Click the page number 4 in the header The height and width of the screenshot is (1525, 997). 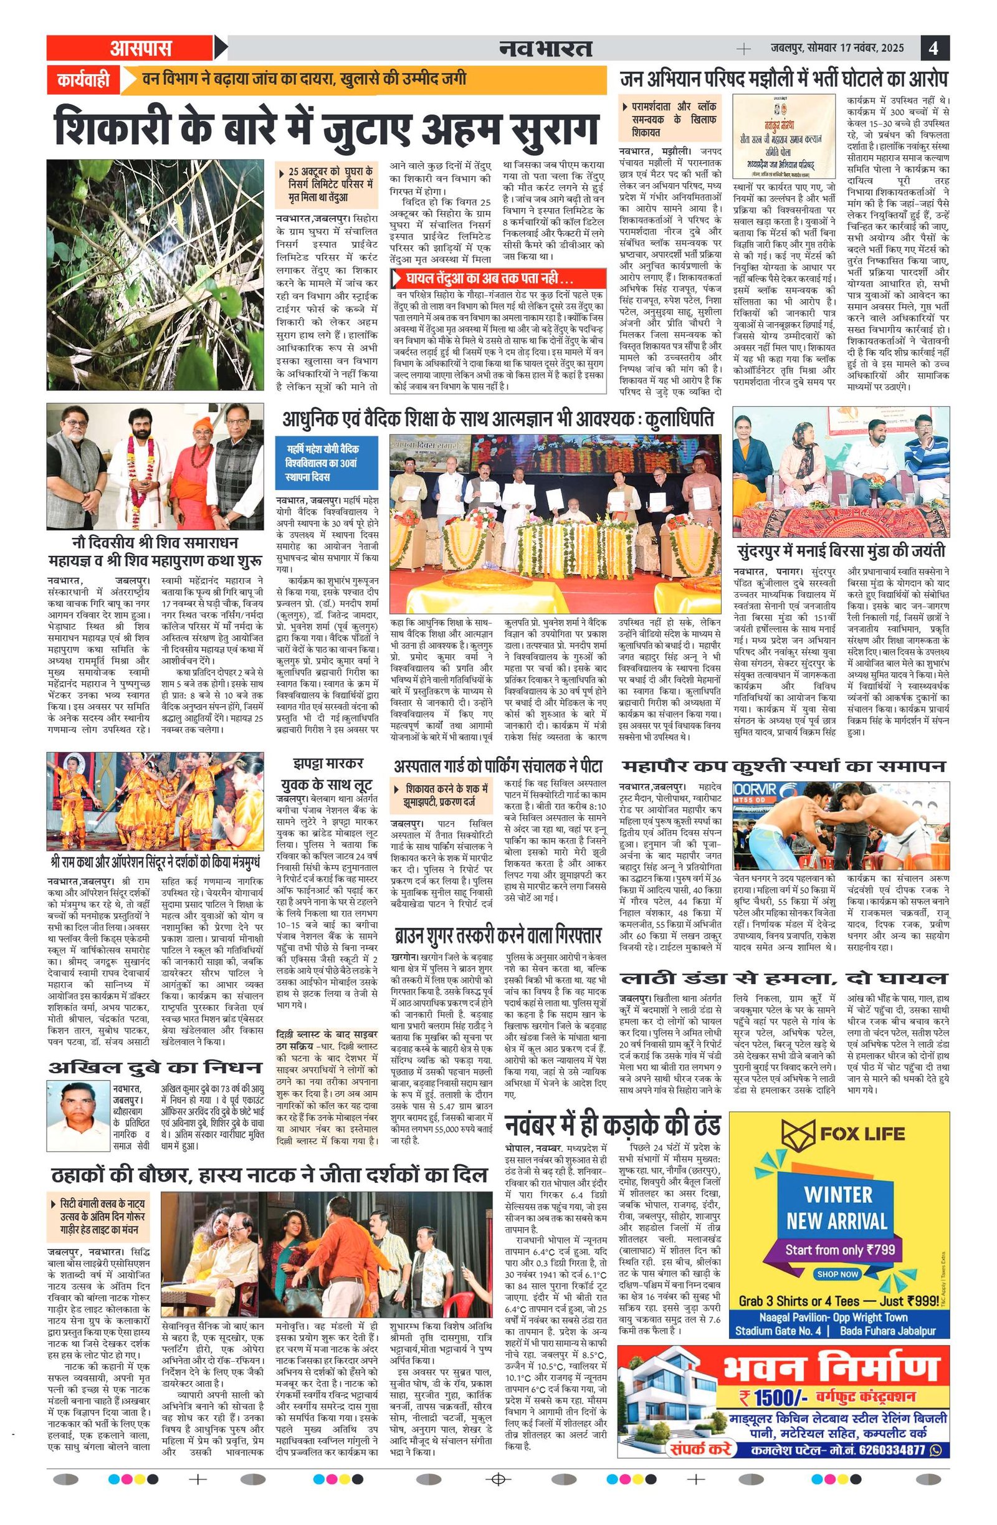(934, 48)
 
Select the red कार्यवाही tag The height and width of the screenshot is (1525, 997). (83, 80)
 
